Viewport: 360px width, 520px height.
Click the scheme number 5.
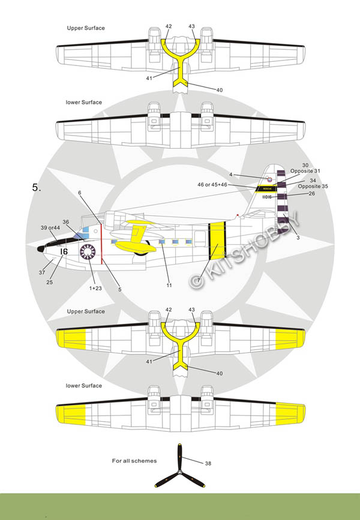37,188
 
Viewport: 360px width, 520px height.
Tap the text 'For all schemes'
134,461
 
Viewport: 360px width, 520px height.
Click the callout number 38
208,464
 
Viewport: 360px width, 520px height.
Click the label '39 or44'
50,228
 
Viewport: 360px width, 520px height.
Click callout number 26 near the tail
311,193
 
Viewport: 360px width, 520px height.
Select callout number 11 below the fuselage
169,285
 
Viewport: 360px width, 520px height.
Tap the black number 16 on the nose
64,253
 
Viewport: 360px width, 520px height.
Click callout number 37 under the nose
42,273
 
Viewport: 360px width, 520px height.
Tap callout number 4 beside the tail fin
248,174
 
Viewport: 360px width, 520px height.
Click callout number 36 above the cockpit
65,221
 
